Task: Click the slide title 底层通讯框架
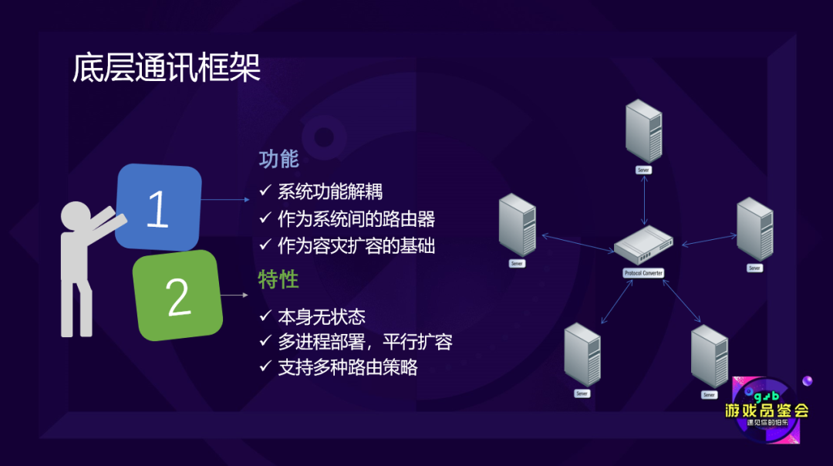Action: coord(167,68)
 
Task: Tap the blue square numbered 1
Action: coord(158,208)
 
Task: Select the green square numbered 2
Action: coord(177,296)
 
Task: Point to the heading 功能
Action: coord(278,160)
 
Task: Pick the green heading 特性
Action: coord(278,279)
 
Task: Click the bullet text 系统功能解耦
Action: coord(330,191)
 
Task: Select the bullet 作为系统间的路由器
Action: coord(356,219)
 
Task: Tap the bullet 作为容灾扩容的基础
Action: coord(356,246)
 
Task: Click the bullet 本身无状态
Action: coord(322,316)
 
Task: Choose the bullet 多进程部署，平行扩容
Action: coord(365,342)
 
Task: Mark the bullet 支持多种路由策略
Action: coord(348,367)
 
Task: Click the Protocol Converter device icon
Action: coord(643,245)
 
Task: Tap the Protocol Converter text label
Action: coord(643,274)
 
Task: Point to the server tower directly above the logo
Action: coord(710,356)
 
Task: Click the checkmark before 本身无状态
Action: coord(265,316)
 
